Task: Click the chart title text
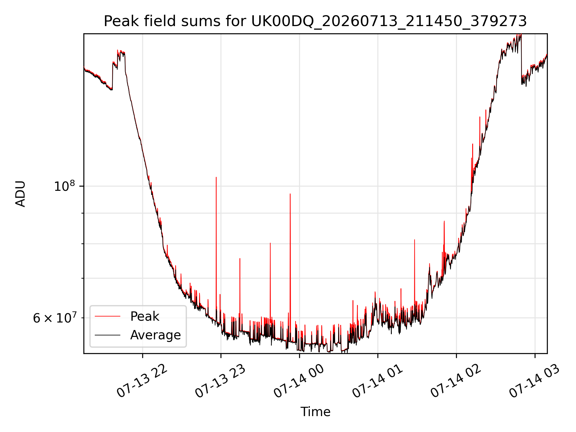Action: [315, 21]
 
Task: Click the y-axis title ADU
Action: [20, 194]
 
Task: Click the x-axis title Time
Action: [315, 412]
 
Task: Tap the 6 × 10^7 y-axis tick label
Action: [55, 318]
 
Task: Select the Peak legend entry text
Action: [145, 316]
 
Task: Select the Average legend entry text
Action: [155, 335]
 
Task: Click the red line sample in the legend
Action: [107, 316]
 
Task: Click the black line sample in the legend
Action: [107, 335]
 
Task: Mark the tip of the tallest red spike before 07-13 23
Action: [216, 177]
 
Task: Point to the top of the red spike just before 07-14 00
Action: [290, 194]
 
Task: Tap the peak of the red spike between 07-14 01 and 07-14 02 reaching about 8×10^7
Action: [415, 240]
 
